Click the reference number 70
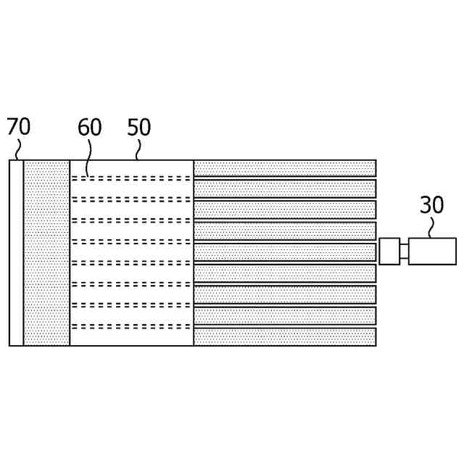[19, 127]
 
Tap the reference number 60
[90, 128]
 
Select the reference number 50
[138, 128]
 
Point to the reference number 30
[431, 205]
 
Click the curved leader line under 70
[17, 149]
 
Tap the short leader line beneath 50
[137, 151]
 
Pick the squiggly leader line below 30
[430, 228]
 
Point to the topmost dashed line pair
[131, 178]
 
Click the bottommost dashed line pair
[131, 326]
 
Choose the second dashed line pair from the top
[131, 199]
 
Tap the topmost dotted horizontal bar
[284, 168]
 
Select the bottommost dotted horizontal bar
[284, 336]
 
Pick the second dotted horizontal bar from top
[284, 188]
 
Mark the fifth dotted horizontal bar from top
[284, 252]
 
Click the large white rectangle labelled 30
[432, 252]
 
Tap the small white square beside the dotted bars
[389, 252]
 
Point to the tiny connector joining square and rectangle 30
[404, 252]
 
